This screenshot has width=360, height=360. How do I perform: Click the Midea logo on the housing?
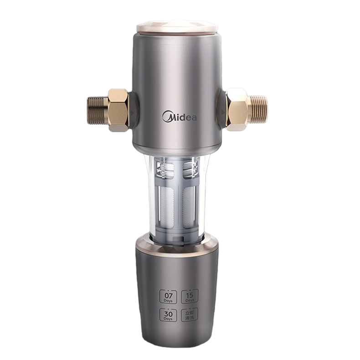click(180, 117)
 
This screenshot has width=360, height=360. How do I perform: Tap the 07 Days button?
click(166, 297)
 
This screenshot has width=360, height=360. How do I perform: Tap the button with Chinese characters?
click(189, 315)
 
